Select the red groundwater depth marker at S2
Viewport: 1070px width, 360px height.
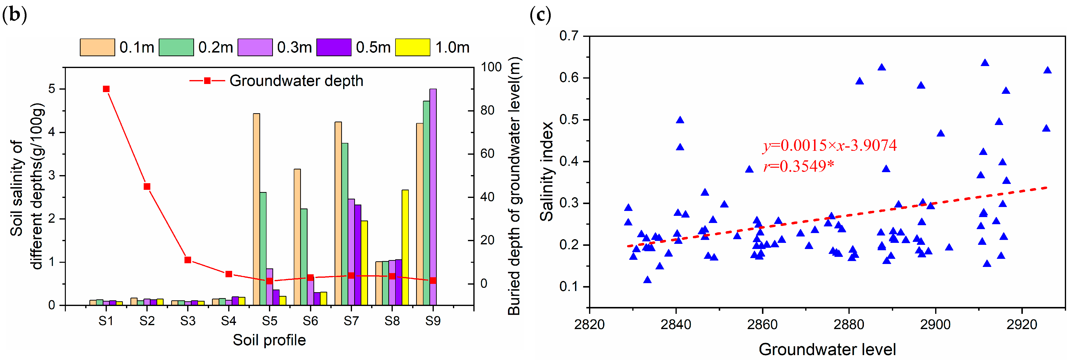pyautogui.click(x=147, y=186)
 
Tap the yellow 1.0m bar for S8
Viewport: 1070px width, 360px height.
pyautogui.click(x=405, y=248)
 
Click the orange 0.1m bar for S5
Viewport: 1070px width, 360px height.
pyautogui.click(x=256, y=209)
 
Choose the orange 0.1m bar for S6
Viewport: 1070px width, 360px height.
pyautogui.click(x=297, y=237)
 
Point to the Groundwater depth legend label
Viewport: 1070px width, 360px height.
pyautogui.click(x=296, y=81)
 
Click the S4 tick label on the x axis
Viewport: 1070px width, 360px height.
pyautogui.click(x=228, y=321)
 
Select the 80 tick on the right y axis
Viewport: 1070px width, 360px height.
pyautogui.click(x=488, y=111)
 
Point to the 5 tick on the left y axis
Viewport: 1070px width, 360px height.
pyautogui.click(x=52, y=89)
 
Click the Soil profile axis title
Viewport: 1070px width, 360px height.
pyautogui.click(x=269, y=340)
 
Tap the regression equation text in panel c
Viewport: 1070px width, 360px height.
pyautogui.click(x=830, y=145)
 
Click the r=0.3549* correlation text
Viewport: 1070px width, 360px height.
pyautogui.click(x=798, y=166)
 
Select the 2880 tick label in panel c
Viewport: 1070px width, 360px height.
pyautogui.click(x=849, y=324)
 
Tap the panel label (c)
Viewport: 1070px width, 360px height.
pyautogui.click(x=540, y=15)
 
